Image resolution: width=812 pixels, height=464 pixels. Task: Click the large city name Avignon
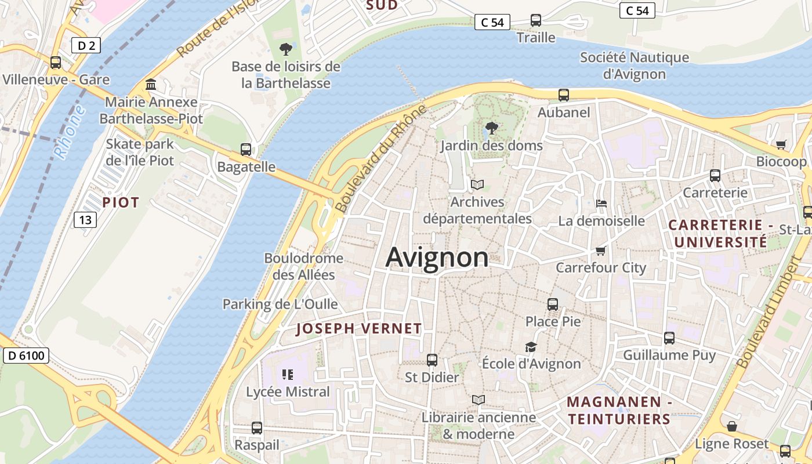point(437,258)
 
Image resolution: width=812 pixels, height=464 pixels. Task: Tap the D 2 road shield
point(86,45)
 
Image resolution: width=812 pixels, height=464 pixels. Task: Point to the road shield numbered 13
point(85,219)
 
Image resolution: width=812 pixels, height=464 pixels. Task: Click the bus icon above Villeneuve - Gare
point(56,63)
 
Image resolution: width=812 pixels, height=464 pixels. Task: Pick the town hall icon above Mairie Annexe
point(151,85)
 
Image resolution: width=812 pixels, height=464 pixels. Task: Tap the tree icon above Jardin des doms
point(491,128)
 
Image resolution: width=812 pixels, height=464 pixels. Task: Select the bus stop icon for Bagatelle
point(246,150)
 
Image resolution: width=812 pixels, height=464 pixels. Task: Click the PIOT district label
point(121,202)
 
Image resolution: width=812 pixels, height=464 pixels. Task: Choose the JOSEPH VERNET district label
point(359,329)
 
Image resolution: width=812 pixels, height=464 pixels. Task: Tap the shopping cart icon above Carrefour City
point(600,251)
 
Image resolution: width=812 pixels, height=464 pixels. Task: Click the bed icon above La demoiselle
point(601,204)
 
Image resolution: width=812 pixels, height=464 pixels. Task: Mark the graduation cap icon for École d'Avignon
point(531,347)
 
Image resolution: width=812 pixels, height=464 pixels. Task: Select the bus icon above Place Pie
point(553,304)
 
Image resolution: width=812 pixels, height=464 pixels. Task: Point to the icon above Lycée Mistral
point(287,375)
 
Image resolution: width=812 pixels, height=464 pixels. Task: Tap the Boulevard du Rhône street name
point(380,158)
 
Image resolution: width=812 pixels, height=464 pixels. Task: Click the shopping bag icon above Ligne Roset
point(732,426)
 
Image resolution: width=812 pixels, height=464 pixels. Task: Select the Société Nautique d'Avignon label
point(635,66)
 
